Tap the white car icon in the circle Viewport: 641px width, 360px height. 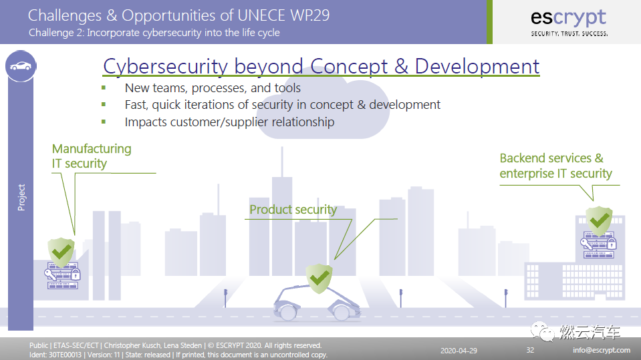click(21, 66)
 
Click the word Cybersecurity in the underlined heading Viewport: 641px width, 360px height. click(165, 67)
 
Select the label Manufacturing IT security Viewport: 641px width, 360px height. click(92, 156)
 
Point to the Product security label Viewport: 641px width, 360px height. click(293, 210)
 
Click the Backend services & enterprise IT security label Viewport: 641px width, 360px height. click(555, 166)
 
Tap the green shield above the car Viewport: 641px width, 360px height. click(319, 279)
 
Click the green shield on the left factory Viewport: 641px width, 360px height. click(61, 252)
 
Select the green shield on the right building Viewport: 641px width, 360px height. click(599, 220)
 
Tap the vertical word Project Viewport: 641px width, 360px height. click(21, 198)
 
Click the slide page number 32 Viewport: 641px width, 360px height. click(530, 350)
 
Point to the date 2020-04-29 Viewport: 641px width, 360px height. click(459, 351)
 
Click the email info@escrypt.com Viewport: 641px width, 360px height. click(602, 350)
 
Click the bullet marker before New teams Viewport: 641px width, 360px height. click(104, 87)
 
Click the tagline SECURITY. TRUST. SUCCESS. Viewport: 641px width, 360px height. click(569, 34)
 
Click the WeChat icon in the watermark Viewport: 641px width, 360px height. click(542, 331)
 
